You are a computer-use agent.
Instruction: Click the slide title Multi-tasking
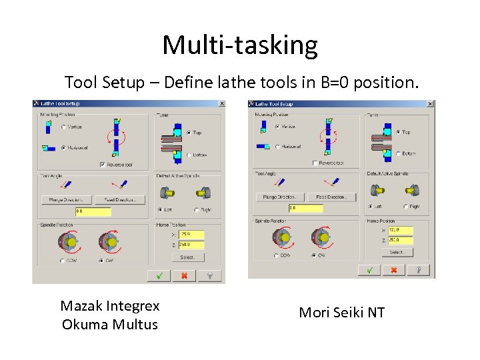(x=240, y=45)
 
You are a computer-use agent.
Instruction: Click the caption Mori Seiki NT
(x=342, y=312)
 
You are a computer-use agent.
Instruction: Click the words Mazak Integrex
(x=110, y=306)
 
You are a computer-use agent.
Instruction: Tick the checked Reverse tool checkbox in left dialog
(x=102, y=165)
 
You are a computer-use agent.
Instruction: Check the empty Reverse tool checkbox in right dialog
(x=315, y=163)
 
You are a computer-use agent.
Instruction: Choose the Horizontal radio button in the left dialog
(x=63, y=147)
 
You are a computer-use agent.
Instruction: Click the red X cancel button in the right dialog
(x=393, y=270)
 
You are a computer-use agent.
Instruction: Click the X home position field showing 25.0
(x=191, y=235)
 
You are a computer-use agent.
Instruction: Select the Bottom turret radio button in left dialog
(x=189, y=155)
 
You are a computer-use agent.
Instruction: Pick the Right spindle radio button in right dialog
(x=405, y=206)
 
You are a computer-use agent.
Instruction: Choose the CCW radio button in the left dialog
(x=63, y=261)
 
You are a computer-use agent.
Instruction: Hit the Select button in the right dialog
(x=397, y=253)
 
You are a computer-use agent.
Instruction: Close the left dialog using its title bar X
(x=221, y=104)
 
